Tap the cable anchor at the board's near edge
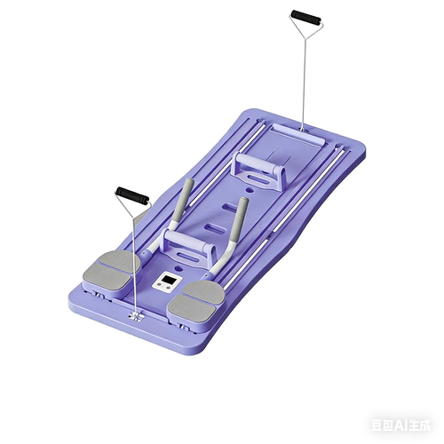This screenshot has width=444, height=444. point(134,315)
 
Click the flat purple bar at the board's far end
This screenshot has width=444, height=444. point(293,131)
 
